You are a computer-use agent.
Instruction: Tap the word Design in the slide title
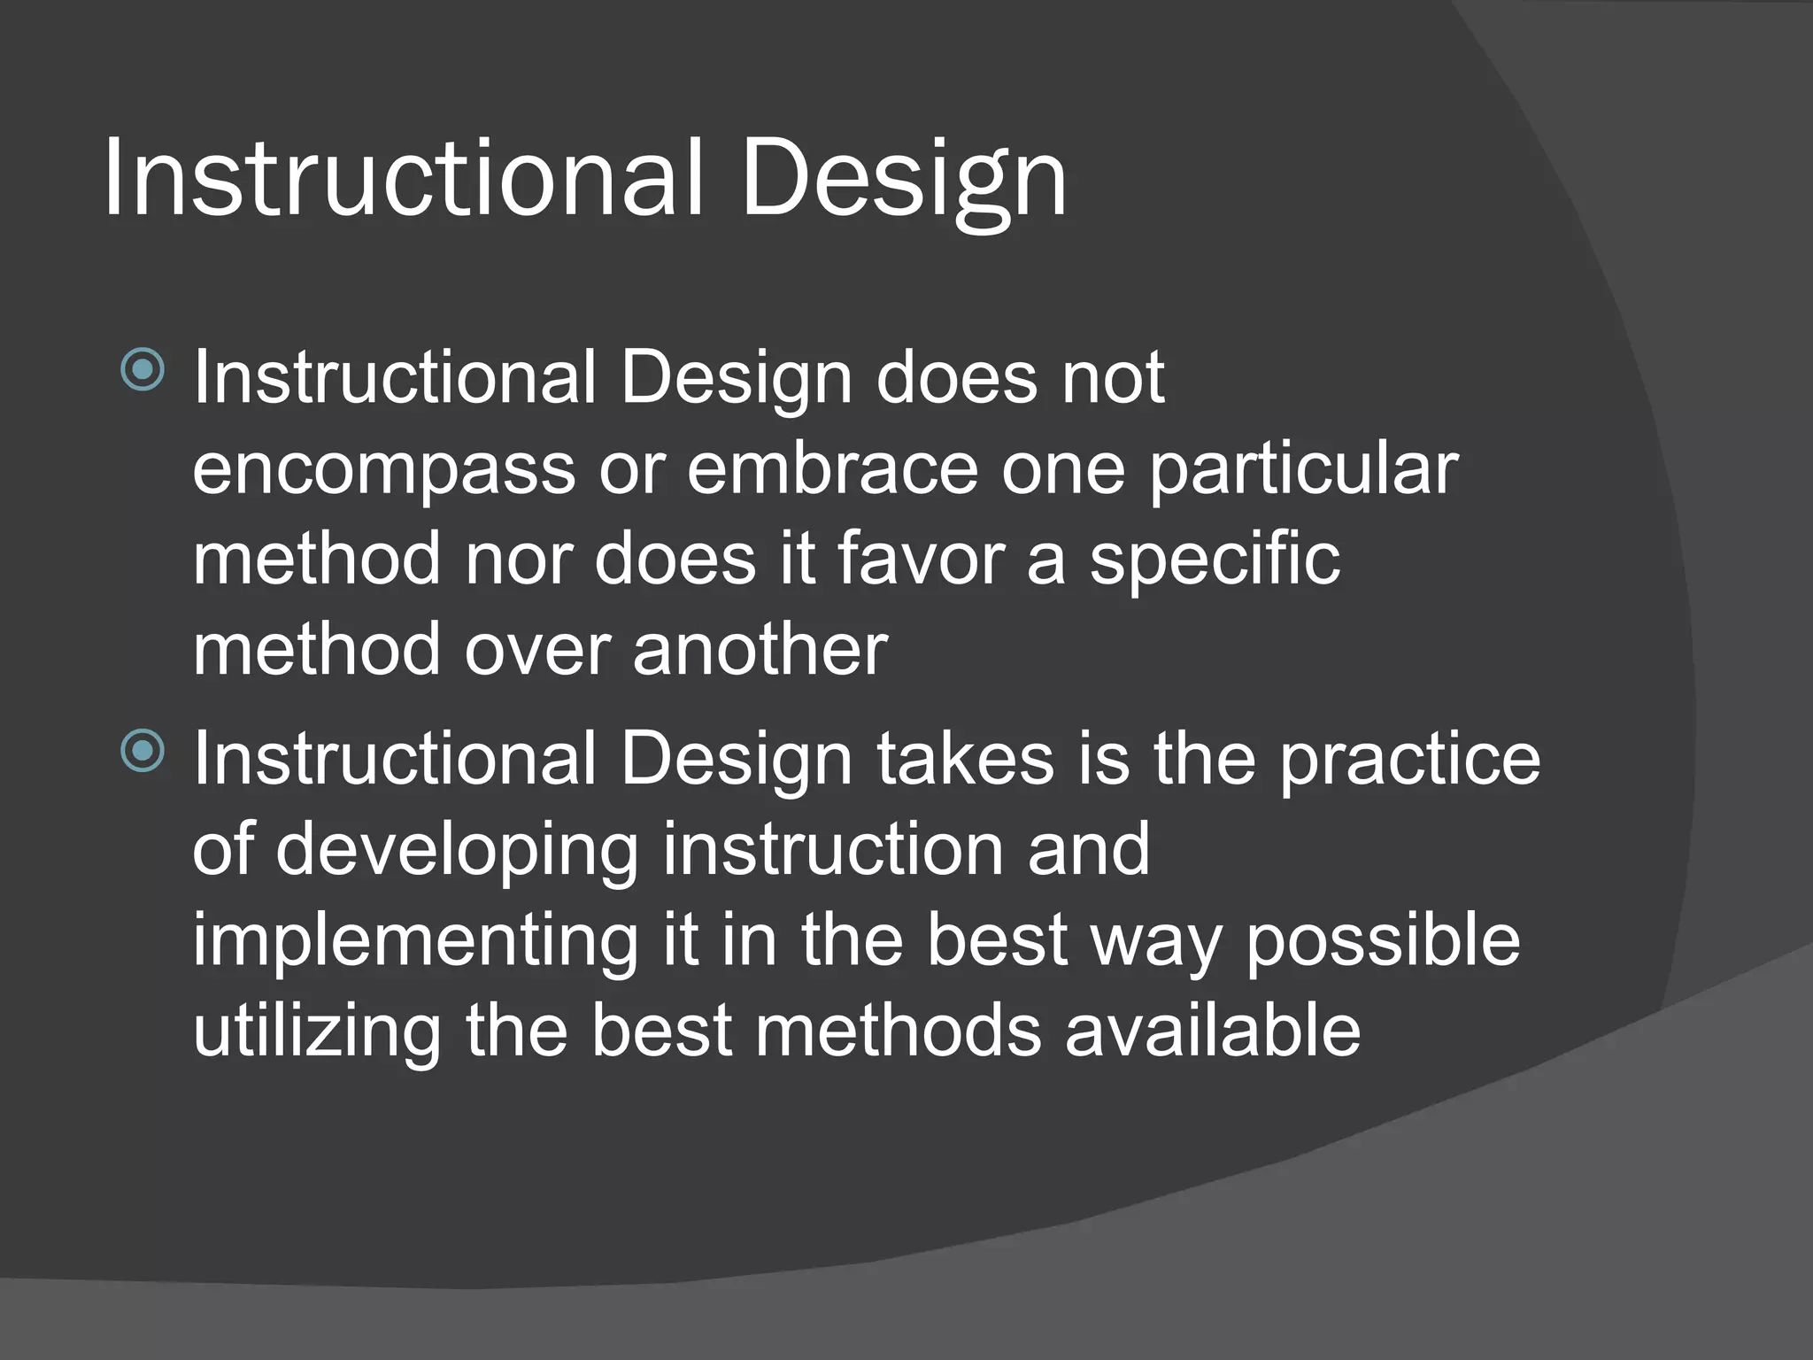[904, 177]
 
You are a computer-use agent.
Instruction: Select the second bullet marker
[143, 751]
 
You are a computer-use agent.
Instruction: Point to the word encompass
[384, 469]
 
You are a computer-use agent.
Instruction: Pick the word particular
[1303, 469]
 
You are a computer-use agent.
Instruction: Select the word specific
[1215, 560]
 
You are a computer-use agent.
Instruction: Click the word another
[760, 649]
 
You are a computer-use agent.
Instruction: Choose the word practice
[1409, 761]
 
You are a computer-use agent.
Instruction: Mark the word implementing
[414, 942]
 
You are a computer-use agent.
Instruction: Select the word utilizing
[316, 1032]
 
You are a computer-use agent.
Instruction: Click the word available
[1212, 1032]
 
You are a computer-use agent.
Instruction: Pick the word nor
[518, 560]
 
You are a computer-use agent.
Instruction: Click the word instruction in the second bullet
[832, 849]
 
